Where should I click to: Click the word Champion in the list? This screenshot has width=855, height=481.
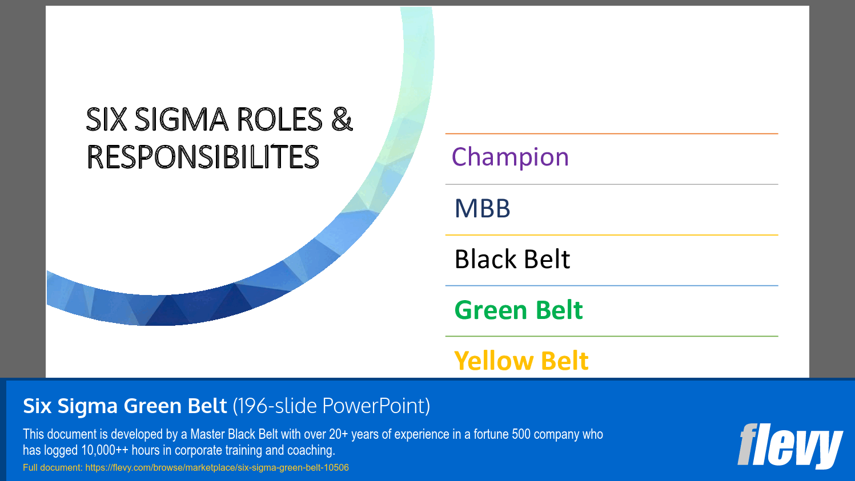click(x=510, y=157)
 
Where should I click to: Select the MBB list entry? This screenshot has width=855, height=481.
click(x=483, y=208)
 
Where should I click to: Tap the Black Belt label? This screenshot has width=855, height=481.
click(x=512, y=259)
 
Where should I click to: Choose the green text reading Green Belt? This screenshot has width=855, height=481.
click(x=519, y=310)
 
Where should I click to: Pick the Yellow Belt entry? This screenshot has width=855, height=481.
click(x=521, y=361)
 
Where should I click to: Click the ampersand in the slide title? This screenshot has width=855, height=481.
click(x=342, y=120)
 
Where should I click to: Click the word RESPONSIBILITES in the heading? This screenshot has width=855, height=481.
click(x=203, y=157)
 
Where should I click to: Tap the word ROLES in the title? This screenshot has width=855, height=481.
click(x=279, y=120)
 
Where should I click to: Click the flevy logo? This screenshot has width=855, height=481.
click(x=789, y=445)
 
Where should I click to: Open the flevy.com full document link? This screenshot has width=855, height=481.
click(x=217, y=468)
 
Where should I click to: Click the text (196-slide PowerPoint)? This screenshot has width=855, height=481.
click(x=331, y=406)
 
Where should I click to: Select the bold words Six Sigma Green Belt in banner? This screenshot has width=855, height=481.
click(x=125, y=406)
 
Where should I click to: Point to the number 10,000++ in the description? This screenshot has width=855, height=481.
click(x=105, y=450)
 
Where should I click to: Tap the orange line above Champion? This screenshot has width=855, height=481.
click(x=611, y=134)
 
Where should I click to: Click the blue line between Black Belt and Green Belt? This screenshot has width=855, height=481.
click(x=611, y=286)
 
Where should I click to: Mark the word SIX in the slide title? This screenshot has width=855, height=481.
click(x=107, y=120)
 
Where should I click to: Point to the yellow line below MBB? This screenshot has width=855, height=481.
click(x=611, y=235)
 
